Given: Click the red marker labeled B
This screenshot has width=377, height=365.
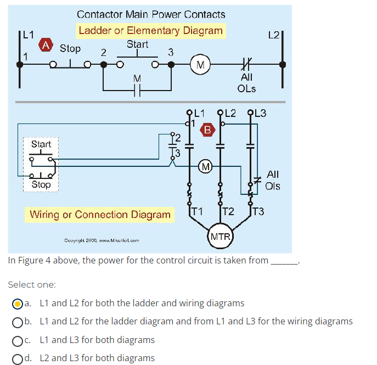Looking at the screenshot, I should [207, 130].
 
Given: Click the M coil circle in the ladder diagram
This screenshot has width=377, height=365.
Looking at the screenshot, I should [200, 65].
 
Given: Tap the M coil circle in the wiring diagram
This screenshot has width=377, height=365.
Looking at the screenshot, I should [205, 166].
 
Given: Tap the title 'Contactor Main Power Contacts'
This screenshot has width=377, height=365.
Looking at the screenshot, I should [151, 14].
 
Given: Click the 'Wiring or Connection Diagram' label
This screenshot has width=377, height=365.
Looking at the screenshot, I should [100, 214].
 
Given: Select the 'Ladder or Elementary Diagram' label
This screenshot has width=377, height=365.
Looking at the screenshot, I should [150, 30].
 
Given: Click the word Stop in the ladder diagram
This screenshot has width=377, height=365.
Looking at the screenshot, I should [70, 48].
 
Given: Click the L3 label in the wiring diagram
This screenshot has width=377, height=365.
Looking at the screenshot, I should [260, 114].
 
